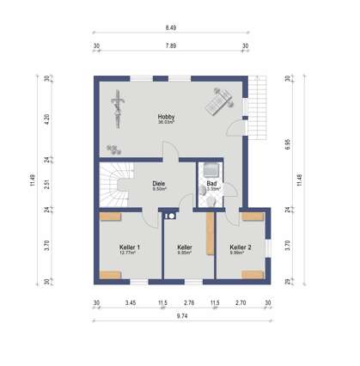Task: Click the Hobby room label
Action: pos(166,116)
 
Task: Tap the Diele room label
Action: pos(158,182)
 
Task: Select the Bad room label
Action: pos(211,182)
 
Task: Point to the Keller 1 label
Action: pos(130,247)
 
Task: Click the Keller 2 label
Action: pos(241,247)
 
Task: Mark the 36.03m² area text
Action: pos(166,123)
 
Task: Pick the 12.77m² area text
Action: pos(130,253)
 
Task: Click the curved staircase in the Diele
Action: pos(113,184)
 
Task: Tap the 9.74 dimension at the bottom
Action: pos(181,317)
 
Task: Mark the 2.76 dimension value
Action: pos(189,302)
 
